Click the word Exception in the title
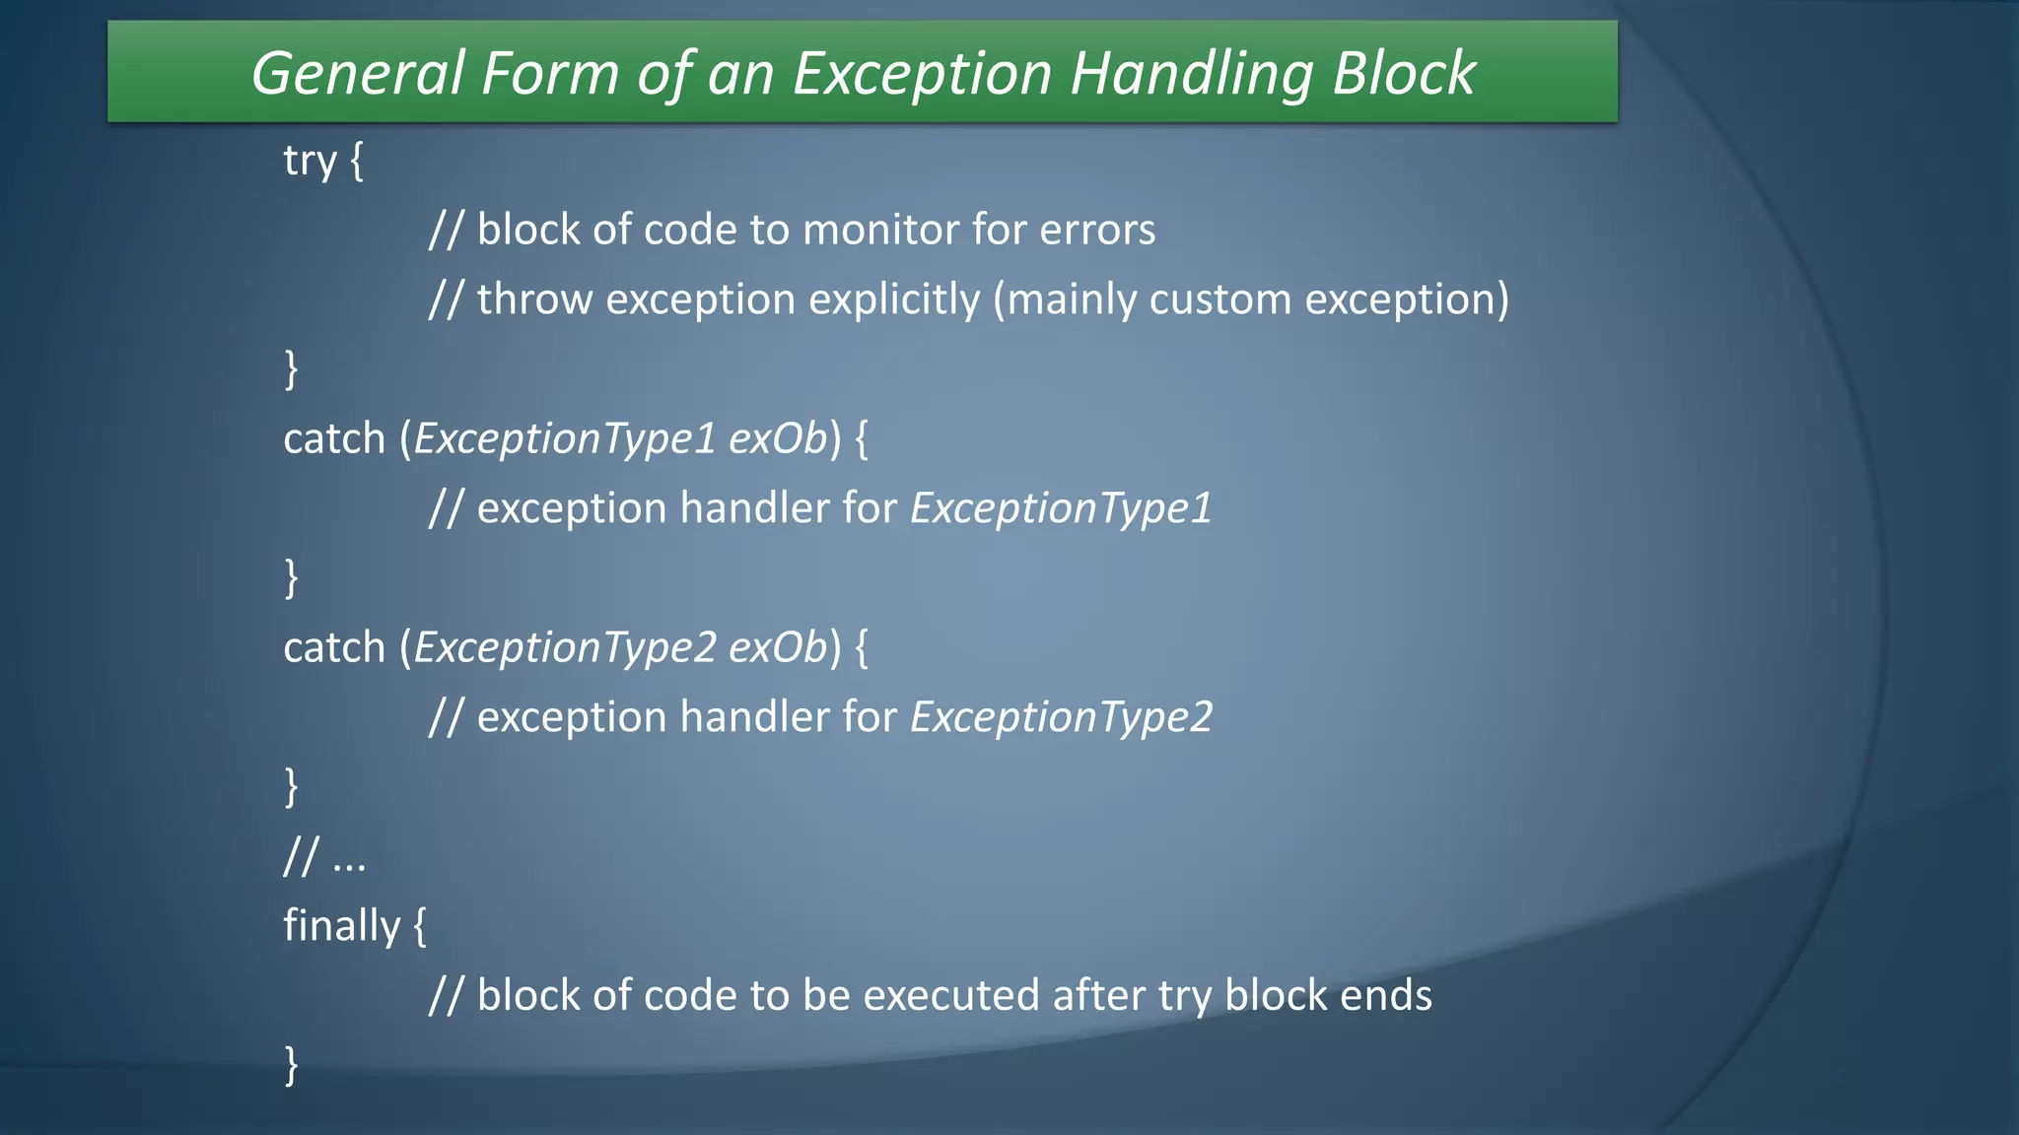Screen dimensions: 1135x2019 pyautogui.click(x=922, y=74)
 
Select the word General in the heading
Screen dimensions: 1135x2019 pyautogui.click(x=357, y=74)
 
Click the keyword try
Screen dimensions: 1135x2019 pyautogui.click(x=310, y=161)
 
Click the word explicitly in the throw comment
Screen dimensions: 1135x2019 pyautogui.click(x=891, y=300)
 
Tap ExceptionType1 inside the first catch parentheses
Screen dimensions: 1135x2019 pyautogui.click(x=564, y=439)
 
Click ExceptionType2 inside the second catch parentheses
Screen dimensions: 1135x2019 pyautogui.click(x=564, y=648)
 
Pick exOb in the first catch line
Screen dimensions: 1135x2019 pyautogui.click(x=777, y=439)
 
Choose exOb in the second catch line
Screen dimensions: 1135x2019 pyautogui.click(x=777, y=648)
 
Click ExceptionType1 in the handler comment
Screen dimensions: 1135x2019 pyautogui.click(x=1061, y=509)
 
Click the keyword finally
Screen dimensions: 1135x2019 pyautogui.click(x=341, y=926)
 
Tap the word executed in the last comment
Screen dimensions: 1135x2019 pyautogui.click(x=950, y=995)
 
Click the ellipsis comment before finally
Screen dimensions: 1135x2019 pyautogui.click(x=324, y=857)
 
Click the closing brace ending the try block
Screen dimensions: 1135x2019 pyautogui.click(x=291, y=369)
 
